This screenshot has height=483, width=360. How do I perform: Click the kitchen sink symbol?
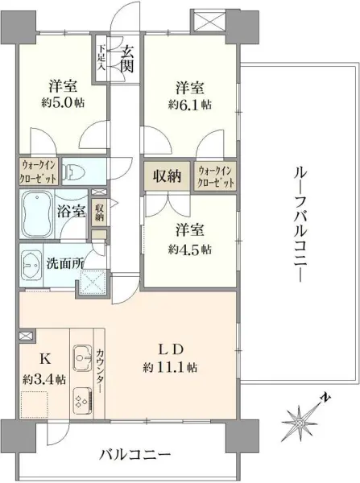[x=83, y=354]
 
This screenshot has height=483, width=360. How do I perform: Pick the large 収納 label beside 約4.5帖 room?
[x=168, y=175]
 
